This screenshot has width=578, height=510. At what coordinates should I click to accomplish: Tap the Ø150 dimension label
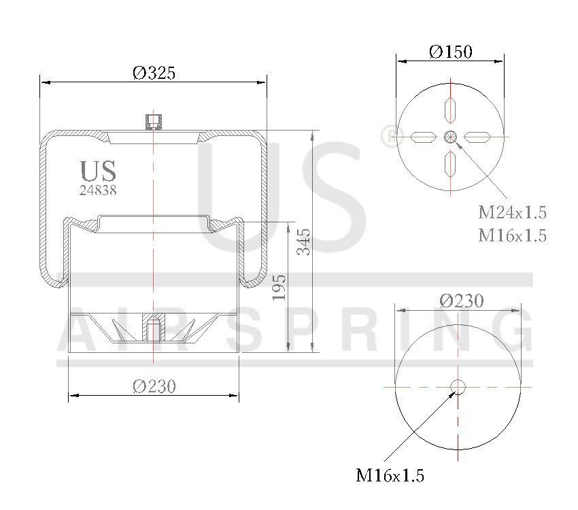[x=451, y=52]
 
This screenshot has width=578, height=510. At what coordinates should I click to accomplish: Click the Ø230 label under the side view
[x=154, y=386]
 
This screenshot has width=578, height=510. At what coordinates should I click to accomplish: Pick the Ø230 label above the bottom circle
[x=461, y=301]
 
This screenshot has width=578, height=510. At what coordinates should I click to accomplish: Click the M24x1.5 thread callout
[x=512, y=212]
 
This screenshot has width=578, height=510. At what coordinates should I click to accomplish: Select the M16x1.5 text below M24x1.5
[x=512, y=235]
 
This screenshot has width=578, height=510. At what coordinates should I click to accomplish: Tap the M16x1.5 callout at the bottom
[x=390, y=475]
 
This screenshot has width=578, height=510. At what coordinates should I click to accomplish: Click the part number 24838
[x=98, y=190]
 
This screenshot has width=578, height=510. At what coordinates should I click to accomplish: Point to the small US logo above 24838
[x=98, y=171]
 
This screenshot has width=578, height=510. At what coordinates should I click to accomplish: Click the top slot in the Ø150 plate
[x=450, y=109]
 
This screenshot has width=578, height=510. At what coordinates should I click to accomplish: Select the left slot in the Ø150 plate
[x=423, y=137]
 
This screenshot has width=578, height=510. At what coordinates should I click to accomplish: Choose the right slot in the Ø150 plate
[x=477, y=137]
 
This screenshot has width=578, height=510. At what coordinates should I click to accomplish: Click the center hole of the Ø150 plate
[x=450, y=137]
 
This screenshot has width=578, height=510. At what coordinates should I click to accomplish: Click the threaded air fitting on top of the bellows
[x=154, y=122]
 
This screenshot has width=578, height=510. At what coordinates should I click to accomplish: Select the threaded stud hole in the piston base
[x=154, y=330]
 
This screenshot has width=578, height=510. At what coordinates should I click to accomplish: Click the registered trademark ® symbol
[x=387, y=137]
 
